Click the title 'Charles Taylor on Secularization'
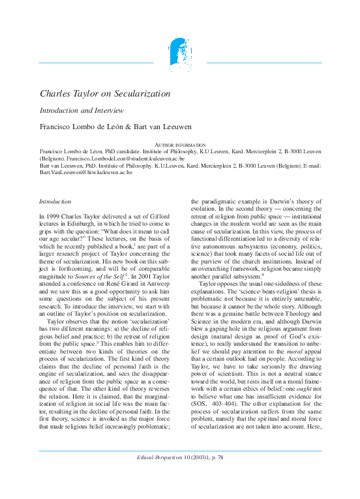[x=105, y=94]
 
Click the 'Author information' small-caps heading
[x=179, y=144]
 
